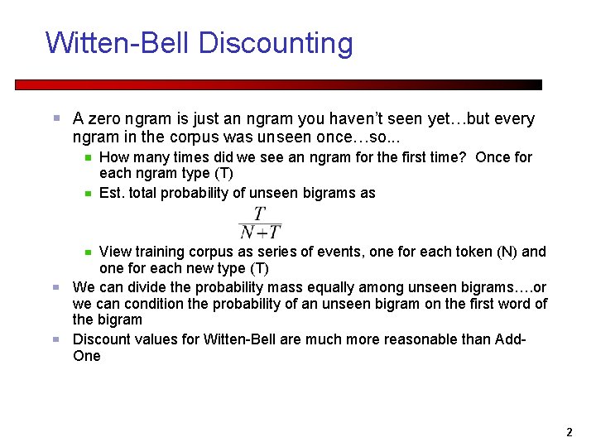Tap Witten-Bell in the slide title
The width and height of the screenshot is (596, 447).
pos(118,43)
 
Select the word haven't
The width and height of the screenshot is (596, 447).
pos(334,119)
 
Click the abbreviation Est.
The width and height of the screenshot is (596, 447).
pos(111,193)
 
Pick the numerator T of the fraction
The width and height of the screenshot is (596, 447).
pos(260,214)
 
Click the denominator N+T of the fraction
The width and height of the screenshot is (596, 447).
pos(260,233)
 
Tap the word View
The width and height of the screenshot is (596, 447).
pos(114,252)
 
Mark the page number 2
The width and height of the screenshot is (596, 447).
pos(569,432)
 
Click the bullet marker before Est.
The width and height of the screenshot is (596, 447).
pos(87,194)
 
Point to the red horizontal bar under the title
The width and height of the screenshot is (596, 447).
pos(278,84)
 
